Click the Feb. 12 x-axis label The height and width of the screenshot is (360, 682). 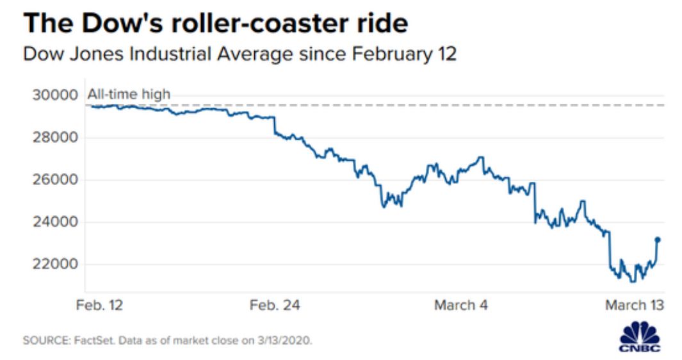(x=99, y=305)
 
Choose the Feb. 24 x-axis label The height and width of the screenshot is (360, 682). (x=274, y=305)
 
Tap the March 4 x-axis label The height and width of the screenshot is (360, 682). (x=460, y=305)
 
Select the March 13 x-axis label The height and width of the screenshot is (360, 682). (x=634, y=305)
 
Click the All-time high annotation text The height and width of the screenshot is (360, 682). (x=129, y=95)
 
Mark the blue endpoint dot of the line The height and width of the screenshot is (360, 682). (x=657, y=240)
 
